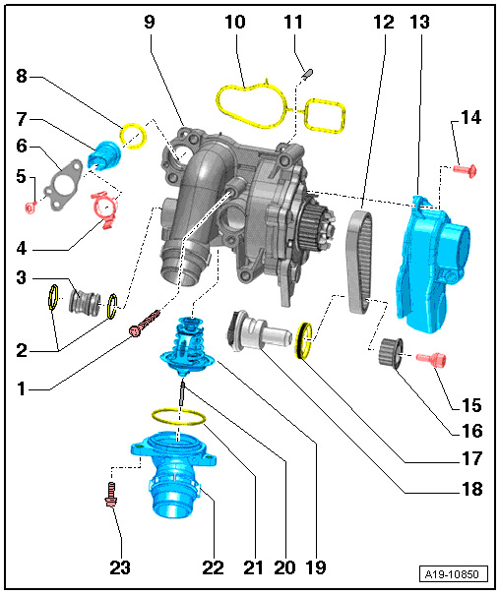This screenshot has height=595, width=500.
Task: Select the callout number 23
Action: point(121,567)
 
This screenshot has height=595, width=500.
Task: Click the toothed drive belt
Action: point(361,256)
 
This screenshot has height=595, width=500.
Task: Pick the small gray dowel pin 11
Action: point(306,72)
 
